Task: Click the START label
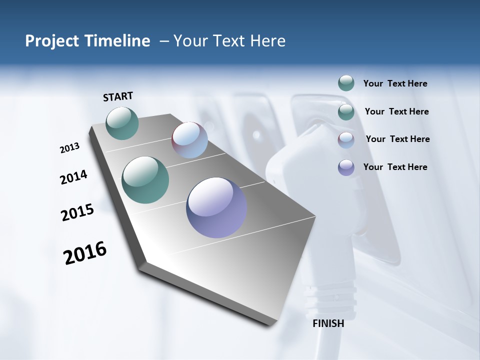coord(118,96)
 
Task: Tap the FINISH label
coord(328,323)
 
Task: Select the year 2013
coord(69,148)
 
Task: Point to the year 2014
coord(73,177)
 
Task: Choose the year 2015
coord(77,212)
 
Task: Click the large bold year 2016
coord(85,253)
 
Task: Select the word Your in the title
coord(190,41)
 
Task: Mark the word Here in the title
coord(266,41)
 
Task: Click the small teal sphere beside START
coord(122,123)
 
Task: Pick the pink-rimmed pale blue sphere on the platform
coord(189,140)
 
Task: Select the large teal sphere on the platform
coord(145,180)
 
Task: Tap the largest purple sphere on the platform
coord(216,207)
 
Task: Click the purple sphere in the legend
coord(346,167)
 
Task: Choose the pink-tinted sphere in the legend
coord(346,140)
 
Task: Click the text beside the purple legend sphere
coord(395,167)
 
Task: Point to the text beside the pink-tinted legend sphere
coord(397,139)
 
